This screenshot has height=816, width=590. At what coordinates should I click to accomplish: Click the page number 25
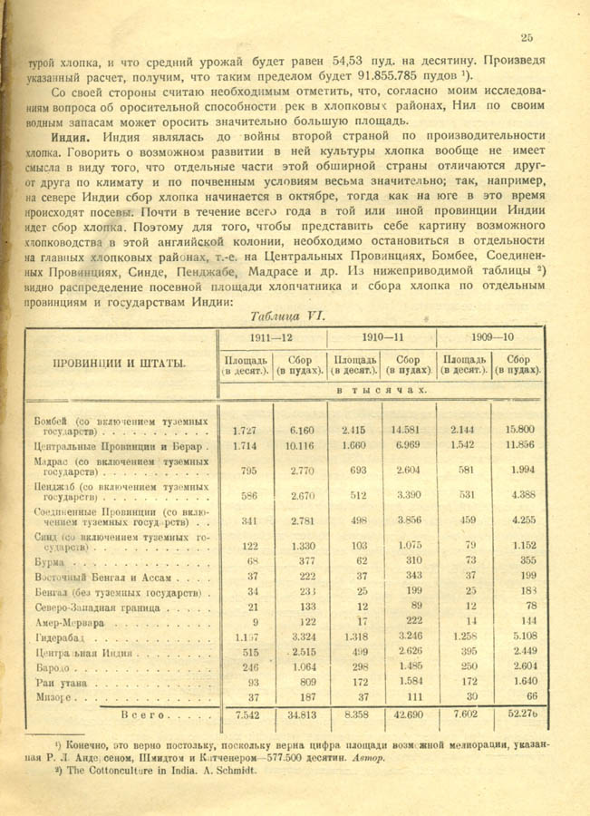point(527,37)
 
